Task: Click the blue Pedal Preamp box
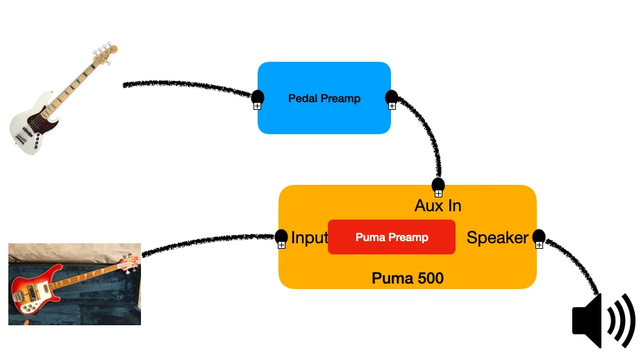(324, 118)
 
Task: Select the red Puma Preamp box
(391, 237)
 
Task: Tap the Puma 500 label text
(407, 279)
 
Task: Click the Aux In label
(438, 206)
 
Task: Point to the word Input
(309, 238)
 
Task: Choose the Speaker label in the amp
(497, 238)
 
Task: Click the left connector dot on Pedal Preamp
(257, 97)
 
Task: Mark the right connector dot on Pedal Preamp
(391, 97)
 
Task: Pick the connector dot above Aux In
(438, 185)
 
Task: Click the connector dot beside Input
(281, 236)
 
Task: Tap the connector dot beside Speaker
(538, 236)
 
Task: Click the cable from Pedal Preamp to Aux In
(428, 136)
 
